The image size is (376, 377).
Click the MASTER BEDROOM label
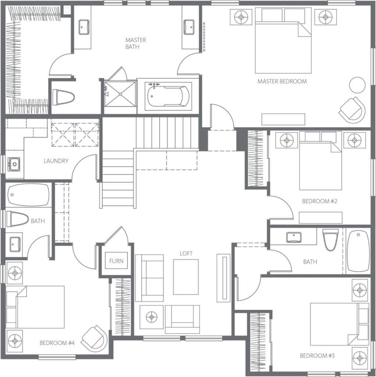click(x=282, y=81)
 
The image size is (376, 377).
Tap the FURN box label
click(x=116, y=261)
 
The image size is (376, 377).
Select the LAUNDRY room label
click(x=56, y=161)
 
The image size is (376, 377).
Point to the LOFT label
click(x=186, y=253)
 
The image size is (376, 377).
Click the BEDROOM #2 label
click(x=320, y=201)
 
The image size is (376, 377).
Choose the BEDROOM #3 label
click(x=317, y=356)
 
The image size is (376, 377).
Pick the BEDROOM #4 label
click(x=57, y=343)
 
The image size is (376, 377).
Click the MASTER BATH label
click(x=135, y=43)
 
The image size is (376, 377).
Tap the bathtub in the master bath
click(x=169, y=96)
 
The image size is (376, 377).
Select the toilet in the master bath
click(x=63, y=97)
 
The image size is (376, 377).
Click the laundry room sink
click(x=14, y=164)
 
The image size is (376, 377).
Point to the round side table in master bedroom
click(x=357, y=85)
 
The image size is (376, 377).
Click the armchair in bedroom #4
click(x=94, y=339)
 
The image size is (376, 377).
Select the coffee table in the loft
click(x=186, y=277)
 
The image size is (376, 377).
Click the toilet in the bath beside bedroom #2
click(x=331, y=240)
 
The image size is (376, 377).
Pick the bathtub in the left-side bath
click(x=28, y=195)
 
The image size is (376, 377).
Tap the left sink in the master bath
click(x=84, y=27)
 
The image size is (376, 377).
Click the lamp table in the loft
click(x=152, y=317)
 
